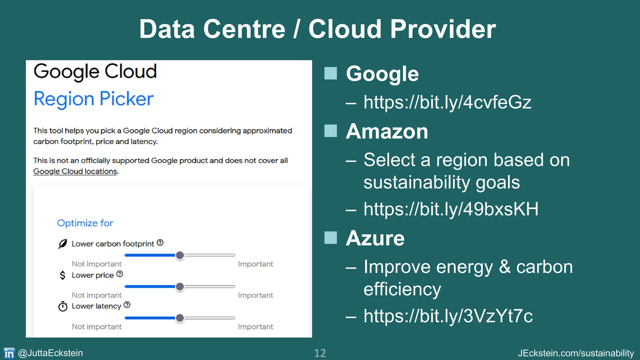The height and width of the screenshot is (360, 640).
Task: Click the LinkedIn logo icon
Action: pyautogui.click(x=9, y=353)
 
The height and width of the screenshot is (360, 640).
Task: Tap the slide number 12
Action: pyautogui.click(x=320, y=353)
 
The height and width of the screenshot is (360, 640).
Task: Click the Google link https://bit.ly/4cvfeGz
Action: pyautogui.click(x=447, y=102)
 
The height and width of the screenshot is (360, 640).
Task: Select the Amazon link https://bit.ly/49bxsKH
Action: pyautogui.click(x=451, y=209)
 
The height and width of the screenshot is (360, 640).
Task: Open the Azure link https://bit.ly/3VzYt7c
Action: pyautogui.click(x=448, y=316)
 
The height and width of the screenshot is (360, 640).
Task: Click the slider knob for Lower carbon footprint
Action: pyautogui.click(x=180, y=255)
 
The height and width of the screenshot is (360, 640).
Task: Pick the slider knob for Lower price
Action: pyautogui.click(x=180, y=287)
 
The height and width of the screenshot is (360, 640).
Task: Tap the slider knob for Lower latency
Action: pyautogui.click(x=180, y=318)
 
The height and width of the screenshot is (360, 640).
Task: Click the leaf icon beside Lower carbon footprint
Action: pyautogui.click(x=63, y=244)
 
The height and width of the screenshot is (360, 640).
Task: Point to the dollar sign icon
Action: pyautogui.click(x=62, y=275)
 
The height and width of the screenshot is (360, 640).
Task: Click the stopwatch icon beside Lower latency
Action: pyautogui.click(x=63, y=307)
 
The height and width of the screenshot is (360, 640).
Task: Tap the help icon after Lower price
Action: pyautogui.click(x=120, y=274)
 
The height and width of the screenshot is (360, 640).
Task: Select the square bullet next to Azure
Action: pyautogui.click(x=331, y=238)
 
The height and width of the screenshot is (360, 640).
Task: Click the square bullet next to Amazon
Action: pyautogui.click(x=331, y=131)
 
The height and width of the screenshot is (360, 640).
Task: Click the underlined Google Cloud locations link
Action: pyautogui.click(x=75, y=171)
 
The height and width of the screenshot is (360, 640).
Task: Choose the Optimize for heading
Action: pyautogui.click(x=85, y=223)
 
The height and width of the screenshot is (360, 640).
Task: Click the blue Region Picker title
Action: pyautogui.click(x=93, y=99)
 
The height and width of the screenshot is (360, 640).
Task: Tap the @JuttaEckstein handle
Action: pyautogui.click(x=50, y=353)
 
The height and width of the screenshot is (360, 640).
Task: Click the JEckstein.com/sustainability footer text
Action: pyautogui.click(x=576, y=353)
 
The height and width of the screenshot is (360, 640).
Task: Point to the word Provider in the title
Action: pyautogui.click(x=443, y=29)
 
